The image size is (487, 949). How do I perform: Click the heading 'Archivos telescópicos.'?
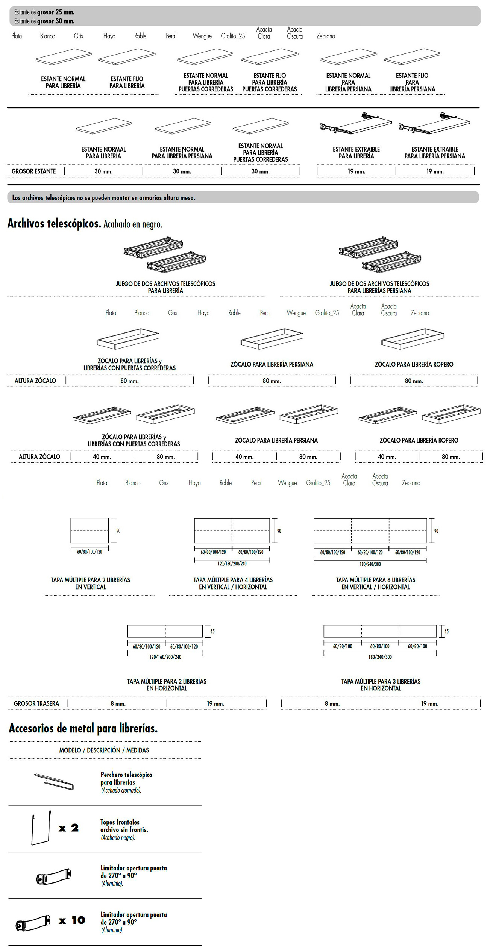(54, 224)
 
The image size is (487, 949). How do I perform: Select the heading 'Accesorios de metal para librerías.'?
(83, 728)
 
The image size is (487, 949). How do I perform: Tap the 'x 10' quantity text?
(72, 920)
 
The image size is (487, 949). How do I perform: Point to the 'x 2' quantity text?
(69, 828)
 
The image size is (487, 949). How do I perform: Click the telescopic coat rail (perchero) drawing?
(54, 781)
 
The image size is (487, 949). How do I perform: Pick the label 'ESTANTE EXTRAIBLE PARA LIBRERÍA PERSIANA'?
(435, 153)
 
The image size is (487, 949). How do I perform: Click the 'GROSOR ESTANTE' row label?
(33, 171)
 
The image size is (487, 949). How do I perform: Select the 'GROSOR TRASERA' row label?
(36, 703)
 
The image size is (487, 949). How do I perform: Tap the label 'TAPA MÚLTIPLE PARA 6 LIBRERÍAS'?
(375, 583)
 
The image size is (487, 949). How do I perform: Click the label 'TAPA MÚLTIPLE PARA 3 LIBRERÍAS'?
(381, 685)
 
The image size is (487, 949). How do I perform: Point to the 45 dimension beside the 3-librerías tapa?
(446, 631)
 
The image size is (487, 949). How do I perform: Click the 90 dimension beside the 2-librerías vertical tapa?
(118, 531)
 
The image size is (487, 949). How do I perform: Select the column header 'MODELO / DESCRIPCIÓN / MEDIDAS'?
(104, 750)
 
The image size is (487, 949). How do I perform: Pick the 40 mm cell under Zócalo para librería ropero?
(387, 457)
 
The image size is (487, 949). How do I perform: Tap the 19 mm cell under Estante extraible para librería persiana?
(435, 171)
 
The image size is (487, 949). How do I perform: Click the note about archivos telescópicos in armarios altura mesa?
(104, 198)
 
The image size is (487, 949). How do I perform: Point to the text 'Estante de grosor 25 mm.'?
(44, 12)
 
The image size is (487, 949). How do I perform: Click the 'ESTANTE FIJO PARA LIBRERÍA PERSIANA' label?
(412, 82)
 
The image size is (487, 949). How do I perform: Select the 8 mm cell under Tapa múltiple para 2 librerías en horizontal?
(118, 703)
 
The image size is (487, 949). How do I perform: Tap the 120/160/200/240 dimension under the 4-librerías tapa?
(232, 564)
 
